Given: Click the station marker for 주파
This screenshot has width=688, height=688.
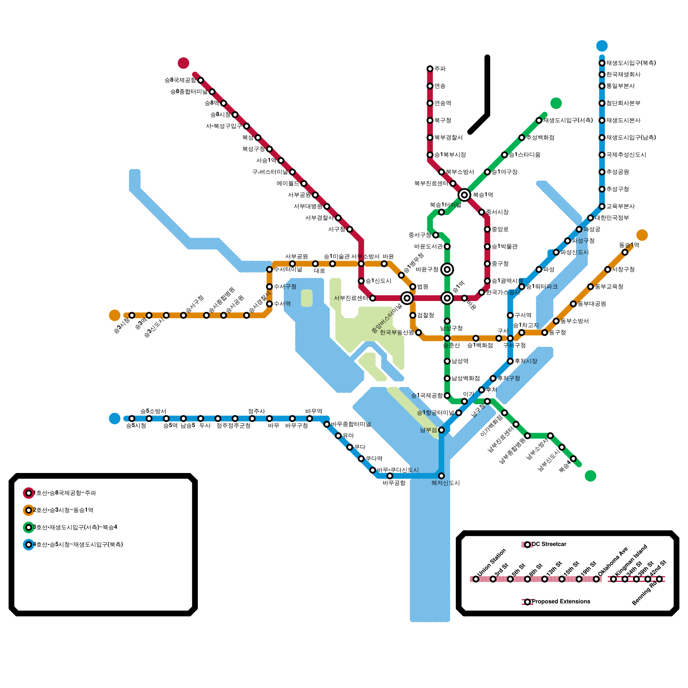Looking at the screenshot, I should pos(430,69).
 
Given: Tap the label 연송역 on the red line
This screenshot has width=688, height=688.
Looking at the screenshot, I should pos(442,103).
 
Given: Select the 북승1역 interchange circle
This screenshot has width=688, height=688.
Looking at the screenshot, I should pos(464,195).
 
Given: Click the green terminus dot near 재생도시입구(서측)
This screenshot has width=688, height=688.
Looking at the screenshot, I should pos(556,103).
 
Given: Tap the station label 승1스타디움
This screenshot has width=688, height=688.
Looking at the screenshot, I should pos(525,155).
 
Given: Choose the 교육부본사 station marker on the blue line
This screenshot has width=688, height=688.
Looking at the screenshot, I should pos(602,206).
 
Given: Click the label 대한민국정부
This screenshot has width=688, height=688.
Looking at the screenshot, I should pos(611,218).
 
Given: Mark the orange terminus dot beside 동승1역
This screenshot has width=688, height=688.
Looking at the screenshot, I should pos(642,235).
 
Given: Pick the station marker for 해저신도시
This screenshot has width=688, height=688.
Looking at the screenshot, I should pos(441,476).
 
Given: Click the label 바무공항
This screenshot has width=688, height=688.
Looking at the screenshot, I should pos(394,483).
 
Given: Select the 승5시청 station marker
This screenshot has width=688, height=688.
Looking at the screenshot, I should pos(132,418).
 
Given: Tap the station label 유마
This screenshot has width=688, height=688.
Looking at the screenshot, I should pos(348,436).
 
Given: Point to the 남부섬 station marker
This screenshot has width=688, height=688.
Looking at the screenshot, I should pos(441,430).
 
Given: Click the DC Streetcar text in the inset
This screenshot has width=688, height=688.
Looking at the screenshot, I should pos(549,544).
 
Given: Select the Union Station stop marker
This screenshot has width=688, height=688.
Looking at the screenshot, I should pos(476,579).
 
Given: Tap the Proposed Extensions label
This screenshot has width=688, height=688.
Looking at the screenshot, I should pos(561,602).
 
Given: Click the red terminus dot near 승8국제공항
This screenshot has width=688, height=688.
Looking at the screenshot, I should pos(184,63).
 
